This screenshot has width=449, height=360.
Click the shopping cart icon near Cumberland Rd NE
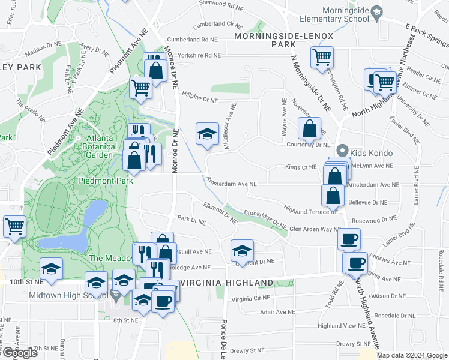tap(322, 58)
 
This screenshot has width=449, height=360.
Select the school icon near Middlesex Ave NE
tap(206, 134)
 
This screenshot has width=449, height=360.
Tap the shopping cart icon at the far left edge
tap(14, 227)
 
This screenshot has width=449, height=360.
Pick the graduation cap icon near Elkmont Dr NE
tap(242, 250)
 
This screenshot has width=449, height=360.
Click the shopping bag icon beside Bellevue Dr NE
tap(333, 195)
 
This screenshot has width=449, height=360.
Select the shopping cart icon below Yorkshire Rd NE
tap(140, 87)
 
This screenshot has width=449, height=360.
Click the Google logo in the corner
tap(20, 353)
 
